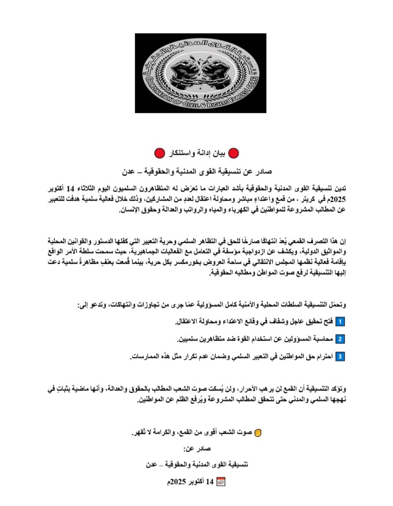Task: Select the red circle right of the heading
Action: [233, 153]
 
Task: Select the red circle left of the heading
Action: [160, 153]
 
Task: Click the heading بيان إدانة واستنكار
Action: [196, 153]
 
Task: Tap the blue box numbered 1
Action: [341, 321]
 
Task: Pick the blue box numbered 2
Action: [341, 338]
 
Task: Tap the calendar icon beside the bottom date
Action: [222, 481]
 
